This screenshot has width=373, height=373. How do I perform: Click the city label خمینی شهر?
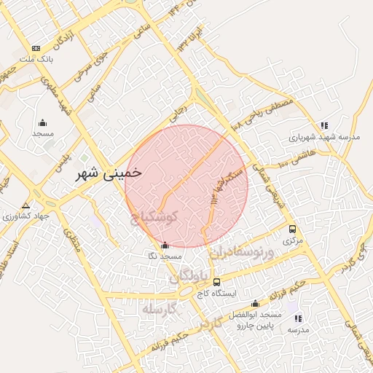coord(111,175)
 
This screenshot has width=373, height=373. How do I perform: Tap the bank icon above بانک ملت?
coord(36,48)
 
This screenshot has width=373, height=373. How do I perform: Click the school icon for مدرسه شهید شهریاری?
coord(324,125)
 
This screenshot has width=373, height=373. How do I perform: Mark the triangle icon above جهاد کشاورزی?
coord(26,206)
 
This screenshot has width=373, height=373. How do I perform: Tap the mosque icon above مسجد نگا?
coord(165,246)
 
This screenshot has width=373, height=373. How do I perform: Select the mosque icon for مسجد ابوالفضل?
coord(255,303)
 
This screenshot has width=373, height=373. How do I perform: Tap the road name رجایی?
coord(179,112)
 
